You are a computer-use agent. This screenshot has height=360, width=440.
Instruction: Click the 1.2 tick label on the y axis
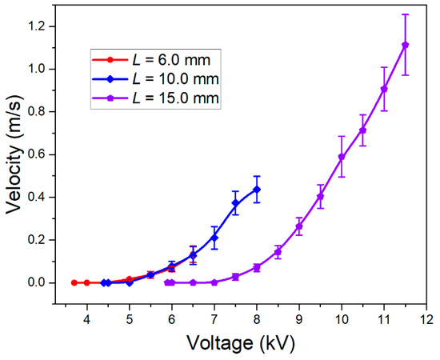point(37,26)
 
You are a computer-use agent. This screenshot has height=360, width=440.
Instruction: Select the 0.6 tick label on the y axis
point(37,154)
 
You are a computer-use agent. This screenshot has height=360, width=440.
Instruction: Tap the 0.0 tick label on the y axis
point(37,282)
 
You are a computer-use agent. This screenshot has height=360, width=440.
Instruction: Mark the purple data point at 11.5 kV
point(405,45)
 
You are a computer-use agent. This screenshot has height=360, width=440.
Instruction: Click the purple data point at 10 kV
point(342,157)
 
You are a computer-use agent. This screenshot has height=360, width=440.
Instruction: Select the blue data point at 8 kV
point(257,190)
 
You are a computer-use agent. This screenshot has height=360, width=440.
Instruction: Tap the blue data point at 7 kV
point(214,238)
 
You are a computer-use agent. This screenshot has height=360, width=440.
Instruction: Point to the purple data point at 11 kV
point(384,89)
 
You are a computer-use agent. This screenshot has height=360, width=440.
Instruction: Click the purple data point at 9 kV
point(299,226)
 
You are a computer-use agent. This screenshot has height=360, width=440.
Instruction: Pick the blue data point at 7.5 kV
point(235,203)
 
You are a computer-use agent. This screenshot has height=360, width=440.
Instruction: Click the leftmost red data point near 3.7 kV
point(74,282)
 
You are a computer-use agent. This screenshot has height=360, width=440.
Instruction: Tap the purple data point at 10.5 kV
point(362,130)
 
